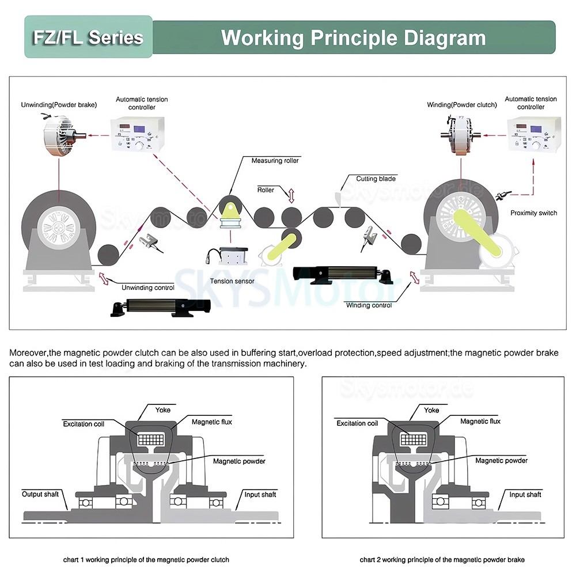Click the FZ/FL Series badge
coord(88,37)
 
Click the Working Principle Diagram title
coord(353,37)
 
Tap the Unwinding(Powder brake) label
coord(59,105)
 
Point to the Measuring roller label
coord(275,161)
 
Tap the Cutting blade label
coord(376,179)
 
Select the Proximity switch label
coord(533,213)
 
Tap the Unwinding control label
coord(147,287)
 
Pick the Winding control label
coord(369,305)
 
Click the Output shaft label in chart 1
coord(40,494)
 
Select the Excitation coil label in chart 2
coord(357,423)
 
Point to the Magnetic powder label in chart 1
coord(239,461)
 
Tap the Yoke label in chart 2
coord(431,410)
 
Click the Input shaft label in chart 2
coord(525,494)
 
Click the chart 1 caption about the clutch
coord(146,559)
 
